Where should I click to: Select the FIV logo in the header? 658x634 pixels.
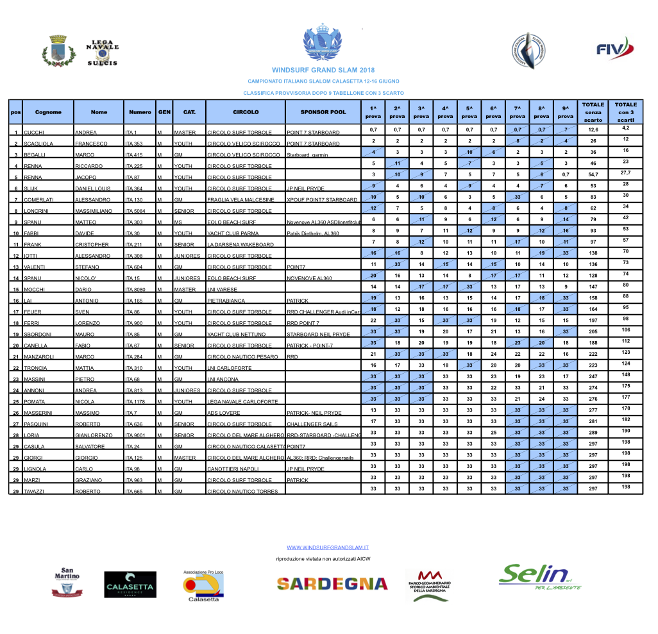tap(614, 49)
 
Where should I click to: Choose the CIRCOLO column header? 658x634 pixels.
tap(246, 112)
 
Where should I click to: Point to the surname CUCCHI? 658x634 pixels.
tap(34, 133)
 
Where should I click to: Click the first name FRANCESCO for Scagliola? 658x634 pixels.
tap(90, 144)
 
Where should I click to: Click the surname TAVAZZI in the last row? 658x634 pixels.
tap(35, 492)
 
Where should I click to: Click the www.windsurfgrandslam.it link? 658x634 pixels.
tap(328, 548)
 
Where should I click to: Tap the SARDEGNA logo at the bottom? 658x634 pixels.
tap(332, 583)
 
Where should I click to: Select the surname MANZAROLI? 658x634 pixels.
tap(40, 357)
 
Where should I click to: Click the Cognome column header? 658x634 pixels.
tap(48, 112)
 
